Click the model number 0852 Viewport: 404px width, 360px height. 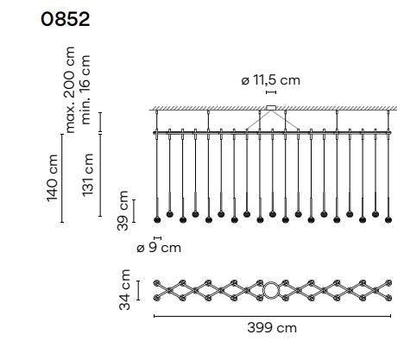66,20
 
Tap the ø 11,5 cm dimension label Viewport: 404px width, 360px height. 271,80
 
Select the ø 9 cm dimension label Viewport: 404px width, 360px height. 159,248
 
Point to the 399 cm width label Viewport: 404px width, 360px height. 272,328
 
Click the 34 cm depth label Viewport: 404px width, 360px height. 124,290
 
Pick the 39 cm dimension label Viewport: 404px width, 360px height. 123,211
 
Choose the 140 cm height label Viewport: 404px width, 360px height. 52,178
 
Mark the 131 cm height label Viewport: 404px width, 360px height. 88,175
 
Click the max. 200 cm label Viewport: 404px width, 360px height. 69,90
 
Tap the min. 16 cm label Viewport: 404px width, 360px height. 85,90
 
